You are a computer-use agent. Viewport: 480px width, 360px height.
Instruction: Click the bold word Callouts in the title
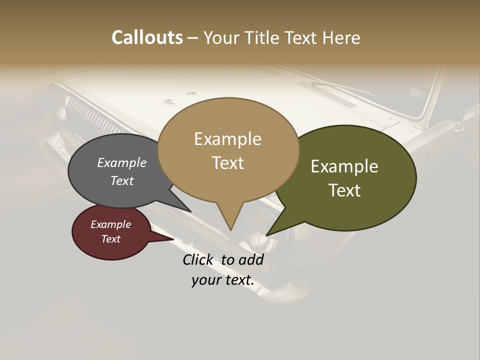click(x=147, y=37)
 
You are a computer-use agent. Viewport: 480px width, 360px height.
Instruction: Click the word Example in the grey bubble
click(x=122, y=162)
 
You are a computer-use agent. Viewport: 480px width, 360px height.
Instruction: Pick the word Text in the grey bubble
click(x=122, y=180)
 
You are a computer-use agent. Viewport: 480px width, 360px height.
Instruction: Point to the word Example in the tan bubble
click(x=227, y=139)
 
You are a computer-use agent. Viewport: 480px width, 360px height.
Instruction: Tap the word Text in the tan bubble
click(x=227, y=163)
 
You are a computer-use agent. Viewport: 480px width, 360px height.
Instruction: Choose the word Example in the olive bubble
click(x=344, y=166)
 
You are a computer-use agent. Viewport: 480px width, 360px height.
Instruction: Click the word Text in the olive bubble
click(x=344, y=190)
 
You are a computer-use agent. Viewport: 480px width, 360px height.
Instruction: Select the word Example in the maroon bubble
click(x=110, y=224)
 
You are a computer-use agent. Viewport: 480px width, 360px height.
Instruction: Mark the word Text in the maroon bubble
click(x=110, y=239)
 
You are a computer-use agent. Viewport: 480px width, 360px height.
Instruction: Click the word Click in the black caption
click(x=197, y=259)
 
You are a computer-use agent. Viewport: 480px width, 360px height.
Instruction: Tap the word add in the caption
click(x=251, y=259)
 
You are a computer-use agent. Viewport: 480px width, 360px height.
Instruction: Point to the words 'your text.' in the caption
click(x=223, y=280)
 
